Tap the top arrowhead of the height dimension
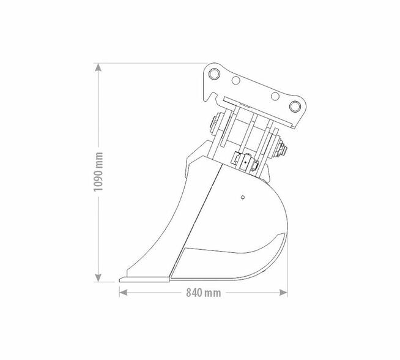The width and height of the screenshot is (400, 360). coord(98,66)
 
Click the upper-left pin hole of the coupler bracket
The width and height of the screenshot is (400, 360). coord(213,74)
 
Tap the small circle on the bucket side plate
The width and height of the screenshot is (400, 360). coord(243,197)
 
